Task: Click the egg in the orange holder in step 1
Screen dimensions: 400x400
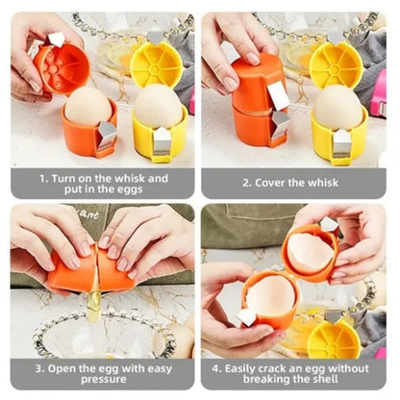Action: pos(88,107)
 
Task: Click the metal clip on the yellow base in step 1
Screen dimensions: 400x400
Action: pos(162,142)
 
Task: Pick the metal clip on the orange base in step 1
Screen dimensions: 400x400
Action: pos(107,136)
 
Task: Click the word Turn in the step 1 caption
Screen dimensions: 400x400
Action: pos(63,178)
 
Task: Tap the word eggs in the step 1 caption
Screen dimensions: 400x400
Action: pos(129,189)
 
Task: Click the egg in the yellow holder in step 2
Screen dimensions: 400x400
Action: pos(337,108)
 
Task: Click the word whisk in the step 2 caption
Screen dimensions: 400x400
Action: pos(323,183)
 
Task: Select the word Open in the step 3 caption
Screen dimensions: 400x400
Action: pos(62,368)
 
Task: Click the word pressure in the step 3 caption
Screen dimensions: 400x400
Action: pos(104,380)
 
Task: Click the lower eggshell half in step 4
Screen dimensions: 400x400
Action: pos(270,295)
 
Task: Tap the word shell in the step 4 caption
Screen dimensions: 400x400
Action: pos(325,379)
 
